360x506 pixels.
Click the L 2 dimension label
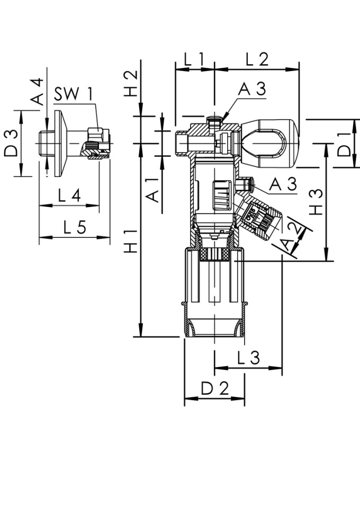tap(257, 59)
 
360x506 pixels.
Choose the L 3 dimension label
tap(248, 359)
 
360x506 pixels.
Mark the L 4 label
tap(69, 196)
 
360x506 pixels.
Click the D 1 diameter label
tap(345, 144)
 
